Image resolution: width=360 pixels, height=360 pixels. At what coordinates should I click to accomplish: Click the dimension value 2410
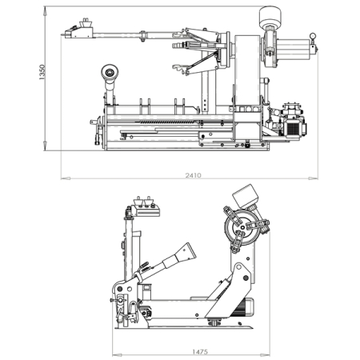tap(194, 175)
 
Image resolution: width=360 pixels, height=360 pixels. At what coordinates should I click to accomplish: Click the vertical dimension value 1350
tap(42, 72)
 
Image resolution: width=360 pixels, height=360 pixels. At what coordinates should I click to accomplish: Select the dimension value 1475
tap(200, 352)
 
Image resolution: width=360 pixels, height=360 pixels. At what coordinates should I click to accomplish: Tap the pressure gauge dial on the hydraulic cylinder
tap(312, 36)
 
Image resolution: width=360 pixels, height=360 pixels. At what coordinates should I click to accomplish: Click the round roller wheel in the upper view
tap(110, 72)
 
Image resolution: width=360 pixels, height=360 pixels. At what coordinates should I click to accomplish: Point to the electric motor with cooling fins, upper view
tap(295, 129)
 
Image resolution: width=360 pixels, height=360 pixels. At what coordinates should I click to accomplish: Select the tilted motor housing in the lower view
tap(246, 197)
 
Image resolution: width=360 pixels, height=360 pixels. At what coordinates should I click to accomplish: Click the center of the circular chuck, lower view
tap(242, 227)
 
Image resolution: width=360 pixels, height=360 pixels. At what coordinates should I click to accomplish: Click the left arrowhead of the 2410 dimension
tap(66, 178)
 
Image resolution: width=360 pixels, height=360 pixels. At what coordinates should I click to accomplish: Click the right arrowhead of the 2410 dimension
tap(314, 178)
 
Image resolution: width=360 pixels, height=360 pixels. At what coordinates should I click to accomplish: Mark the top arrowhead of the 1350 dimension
tap(45, 11)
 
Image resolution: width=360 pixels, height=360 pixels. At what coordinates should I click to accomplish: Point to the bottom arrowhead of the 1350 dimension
tap(45, 146)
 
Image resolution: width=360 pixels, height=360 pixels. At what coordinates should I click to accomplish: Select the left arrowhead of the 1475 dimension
tap(117, 355)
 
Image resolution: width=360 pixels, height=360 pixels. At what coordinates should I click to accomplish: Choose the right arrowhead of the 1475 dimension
tap(265, 355)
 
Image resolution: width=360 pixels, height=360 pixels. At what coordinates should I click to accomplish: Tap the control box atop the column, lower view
tap(147, 211)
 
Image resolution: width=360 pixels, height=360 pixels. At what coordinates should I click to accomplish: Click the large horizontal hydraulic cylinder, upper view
tap(294, 50)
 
